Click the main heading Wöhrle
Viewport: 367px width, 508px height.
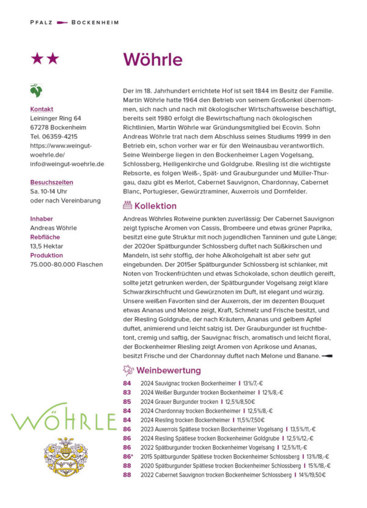coord(153,59)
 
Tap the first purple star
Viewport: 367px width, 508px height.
coord(38,59)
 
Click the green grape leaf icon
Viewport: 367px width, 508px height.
coord(36,91)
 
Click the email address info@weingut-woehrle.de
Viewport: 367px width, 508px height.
coord(67,164)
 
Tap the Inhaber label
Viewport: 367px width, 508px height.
coord(42,219)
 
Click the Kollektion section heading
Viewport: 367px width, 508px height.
coord(155,206)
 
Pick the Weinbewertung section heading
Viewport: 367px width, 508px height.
coord(168,370)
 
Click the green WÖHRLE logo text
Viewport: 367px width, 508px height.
coord(64,421)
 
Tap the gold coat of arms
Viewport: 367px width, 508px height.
coord(63,458)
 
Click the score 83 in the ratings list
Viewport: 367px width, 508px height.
coord(127,392)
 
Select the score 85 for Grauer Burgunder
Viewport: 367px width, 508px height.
coord(127,402)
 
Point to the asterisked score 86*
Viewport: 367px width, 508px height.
coord(128,457)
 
